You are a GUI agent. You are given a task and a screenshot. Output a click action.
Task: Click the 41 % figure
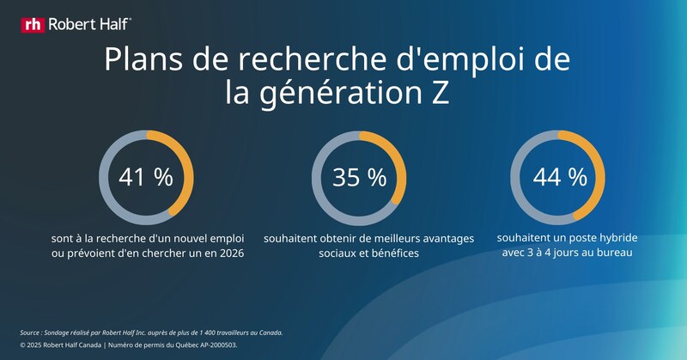tap(145, 177)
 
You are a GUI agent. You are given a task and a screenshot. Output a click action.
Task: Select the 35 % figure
tap(359, 177)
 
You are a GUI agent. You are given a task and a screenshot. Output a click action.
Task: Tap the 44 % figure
tap(559, 177)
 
